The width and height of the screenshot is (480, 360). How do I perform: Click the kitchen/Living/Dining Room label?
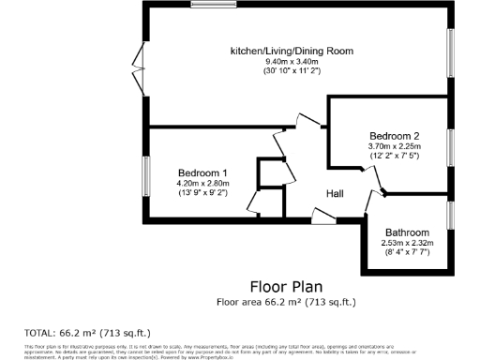point(292,50)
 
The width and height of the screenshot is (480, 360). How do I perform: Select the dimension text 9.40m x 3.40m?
point(292,62)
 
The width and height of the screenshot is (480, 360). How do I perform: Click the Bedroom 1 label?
point(203,172)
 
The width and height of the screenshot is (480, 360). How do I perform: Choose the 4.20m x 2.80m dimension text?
point(203,184)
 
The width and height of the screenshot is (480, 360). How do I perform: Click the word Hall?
point(335,194)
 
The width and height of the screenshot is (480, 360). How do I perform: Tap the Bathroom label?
point(405,232)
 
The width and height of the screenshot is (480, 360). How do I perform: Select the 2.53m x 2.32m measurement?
point(405,244)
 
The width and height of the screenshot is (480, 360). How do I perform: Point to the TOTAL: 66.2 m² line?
point(86,333)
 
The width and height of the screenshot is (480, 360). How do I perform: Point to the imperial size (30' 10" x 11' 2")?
point(292,72)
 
